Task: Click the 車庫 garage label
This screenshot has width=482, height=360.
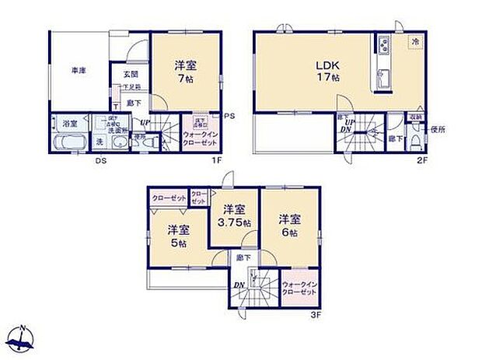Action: [79, 71]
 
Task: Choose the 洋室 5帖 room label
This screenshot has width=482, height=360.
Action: [177, 236]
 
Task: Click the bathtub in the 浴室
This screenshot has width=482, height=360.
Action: [68, 142]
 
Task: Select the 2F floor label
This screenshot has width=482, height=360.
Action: [422, 161]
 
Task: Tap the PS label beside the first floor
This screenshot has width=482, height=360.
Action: [228, 117]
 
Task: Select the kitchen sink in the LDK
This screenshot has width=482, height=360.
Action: [382, 78]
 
